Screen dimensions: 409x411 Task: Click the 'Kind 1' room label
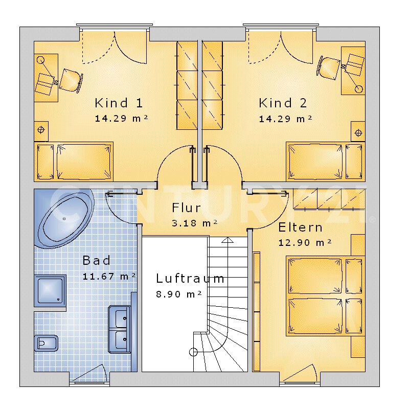(x=119, y=103)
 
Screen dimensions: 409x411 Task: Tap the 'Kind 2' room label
(x=283, y=103)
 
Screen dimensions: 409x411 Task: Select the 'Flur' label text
(x=186, y=208)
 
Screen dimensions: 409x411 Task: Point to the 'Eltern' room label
(x=300, y=227)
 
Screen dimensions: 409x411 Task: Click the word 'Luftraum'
(x=190, y=279)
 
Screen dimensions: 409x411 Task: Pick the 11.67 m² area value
(x=109, y=276)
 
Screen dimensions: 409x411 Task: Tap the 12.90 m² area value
(x=305, y=242)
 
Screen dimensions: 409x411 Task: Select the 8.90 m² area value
(x=179, y=294)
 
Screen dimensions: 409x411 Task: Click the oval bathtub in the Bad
(x=65, y=220)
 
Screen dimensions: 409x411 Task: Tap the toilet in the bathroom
(x=46, y=343)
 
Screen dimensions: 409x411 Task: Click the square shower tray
(x=50, y=291)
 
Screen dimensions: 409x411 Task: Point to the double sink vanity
(x=120, y=330)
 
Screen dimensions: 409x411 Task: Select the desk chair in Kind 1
(x=71, y=80)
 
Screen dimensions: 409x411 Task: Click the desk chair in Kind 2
(x=328, y=68)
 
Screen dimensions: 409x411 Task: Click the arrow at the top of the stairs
(x=228, y=240)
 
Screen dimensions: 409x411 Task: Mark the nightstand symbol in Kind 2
(x=358, y=132)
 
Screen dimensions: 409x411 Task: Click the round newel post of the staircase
(x=193, y=352)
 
